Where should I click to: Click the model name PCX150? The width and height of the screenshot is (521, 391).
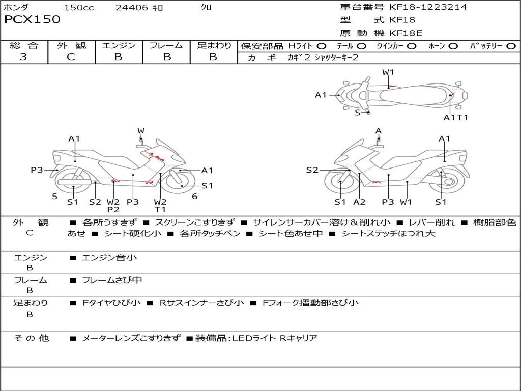pyautogui.click(x=32, y=20)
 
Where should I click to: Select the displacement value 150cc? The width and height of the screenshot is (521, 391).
pyautogui.click(x=79, y=7)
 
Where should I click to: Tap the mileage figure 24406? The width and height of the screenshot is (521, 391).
pyautogui.click(x=131, y=7)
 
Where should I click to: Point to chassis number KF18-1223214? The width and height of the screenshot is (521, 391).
pyautogui.click(x=428, y=7)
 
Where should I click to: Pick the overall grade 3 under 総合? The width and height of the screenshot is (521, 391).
pyautogui.click(x=23, y=57)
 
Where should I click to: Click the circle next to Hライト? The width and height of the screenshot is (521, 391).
pyautogui.click(x=321, y=46)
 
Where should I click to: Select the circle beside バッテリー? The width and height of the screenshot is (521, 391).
pyautogui.click(x=510, y=46)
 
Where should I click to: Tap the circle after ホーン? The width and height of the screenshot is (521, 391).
pyautogui.click(x=453, y=46)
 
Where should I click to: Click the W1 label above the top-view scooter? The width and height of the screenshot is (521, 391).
pyautogui.click(x=388, y=72)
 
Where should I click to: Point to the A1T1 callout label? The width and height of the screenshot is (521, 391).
pyautogui.click(x=455, y=117)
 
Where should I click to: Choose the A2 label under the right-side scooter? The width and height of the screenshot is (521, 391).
pyautogui.click(x=359, y=202)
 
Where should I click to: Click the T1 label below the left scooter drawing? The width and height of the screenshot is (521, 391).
pyautogui.click(x=160, y=209)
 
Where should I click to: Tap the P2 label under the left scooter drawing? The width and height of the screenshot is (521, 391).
pyautogui.click(x=113, y=209)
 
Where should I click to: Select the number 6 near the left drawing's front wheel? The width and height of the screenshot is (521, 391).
pyautogui.click(x=194, y=197)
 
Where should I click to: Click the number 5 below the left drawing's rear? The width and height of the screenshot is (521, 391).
pyautogui.click(x=54, y=197)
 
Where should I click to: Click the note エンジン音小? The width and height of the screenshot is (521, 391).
pyautogui.click(x=109, y=258)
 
